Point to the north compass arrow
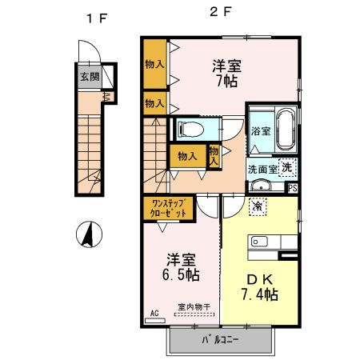click(88, 234)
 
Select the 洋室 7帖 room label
click(227, 72)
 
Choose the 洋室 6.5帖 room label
click(182, 266)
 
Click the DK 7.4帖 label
click(257, 287)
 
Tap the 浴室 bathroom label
click(261, 131)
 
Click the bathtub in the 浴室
click(286, 130)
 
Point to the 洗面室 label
click(262, 169)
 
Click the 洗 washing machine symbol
click(286, 167)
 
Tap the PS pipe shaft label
click(292, 189)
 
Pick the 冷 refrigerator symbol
click(258, 206)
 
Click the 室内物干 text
click(194, 307)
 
